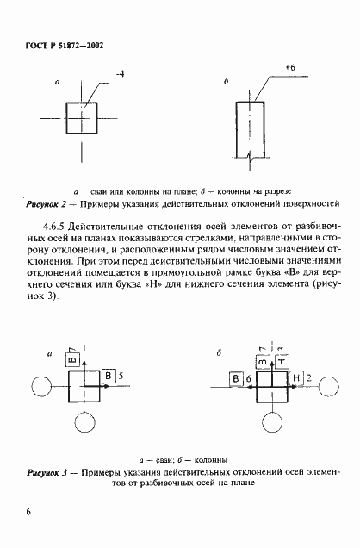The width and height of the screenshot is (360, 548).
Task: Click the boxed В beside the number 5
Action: (x=108, y=376)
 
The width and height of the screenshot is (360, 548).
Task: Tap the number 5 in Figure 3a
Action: (x=121, y=376)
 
